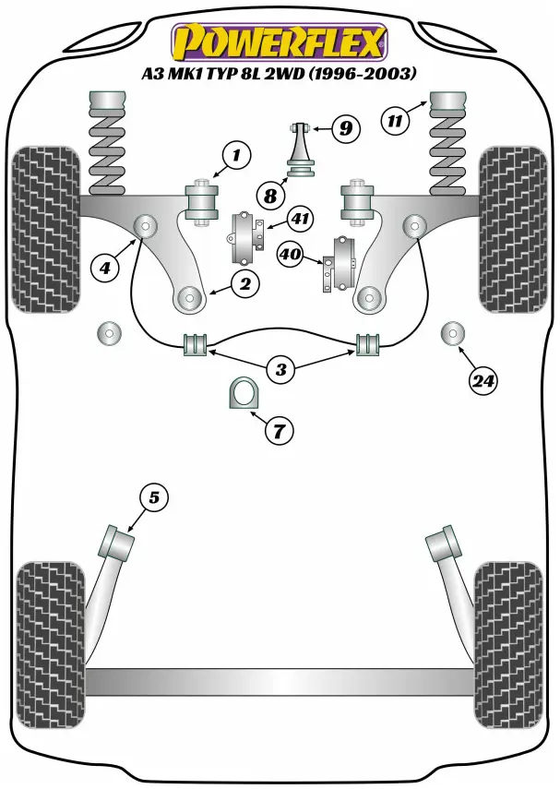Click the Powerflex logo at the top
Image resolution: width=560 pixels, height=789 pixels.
click(x=280, y=41)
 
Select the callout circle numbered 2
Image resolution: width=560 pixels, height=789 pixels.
click(x=246, y=283)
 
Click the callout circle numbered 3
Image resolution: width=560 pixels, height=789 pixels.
click(x=280, y=370)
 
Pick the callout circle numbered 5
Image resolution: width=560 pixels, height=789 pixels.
click(x=154, y=497)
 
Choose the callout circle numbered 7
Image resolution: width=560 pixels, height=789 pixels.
click(x=280, y=428)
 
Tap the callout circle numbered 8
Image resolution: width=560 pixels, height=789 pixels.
click(x=270, y=195)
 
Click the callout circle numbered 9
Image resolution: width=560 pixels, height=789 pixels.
click(x=345, y=127)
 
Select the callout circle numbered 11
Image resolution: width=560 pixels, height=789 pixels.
click(x=395, y=119)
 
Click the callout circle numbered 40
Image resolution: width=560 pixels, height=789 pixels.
click(x=291, y=252)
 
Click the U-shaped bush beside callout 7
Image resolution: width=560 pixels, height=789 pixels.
click(x=241, y=396)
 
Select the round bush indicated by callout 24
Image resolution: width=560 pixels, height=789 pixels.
click(x=453, y=332)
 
